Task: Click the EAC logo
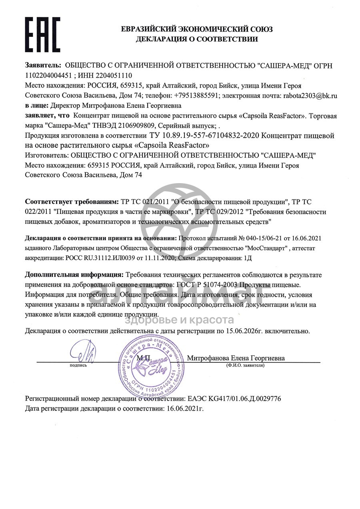[43, 33]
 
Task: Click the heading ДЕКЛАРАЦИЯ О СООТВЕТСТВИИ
[197, 39]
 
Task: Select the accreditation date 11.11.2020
[160, 258]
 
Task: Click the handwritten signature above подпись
[83, 352]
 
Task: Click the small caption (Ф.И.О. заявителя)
[245, 365]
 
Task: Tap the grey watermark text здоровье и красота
[180, 320]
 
